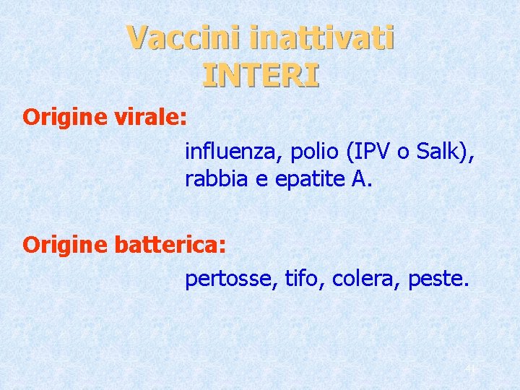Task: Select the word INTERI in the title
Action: [x=261, y=74]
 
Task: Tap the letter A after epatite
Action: [x=359, y=179]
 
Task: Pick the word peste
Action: [x=438, y=279]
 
